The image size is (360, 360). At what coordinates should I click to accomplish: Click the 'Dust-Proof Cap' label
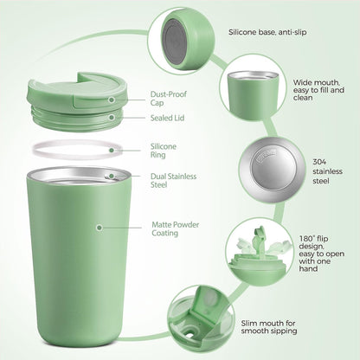click(x=169, y=99)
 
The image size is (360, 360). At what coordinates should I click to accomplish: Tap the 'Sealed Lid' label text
click(x=167, y=118)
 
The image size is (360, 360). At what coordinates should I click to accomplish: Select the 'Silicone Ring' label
click(x=164, y=151)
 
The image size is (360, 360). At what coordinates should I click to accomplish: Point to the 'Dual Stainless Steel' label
click(x=173, y=180)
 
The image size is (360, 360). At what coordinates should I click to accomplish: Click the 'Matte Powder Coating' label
click(x=176, y=228)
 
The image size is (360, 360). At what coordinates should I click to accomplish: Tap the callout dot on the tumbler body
click(x=100, y=228)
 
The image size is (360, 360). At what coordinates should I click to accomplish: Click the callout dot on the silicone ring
click(x=112, y=150)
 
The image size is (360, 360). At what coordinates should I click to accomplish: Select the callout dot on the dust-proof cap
click(x=112, y=100)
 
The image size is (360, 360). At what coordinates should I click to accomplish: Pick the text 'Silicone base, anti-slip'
click(x=267, y=32)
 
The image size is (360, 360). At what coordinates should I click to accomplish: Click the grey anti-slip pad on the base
click(x=174, y=42)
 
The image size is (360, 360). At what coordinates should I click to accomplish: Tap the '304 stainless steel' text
click(x=327, y=171)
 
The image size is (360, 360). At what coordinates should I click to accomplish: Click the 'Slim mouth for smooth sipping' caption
click(x=269, y=327)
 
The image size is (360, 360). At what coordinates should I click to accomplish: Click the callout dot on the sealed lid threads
click(x=112, y=118)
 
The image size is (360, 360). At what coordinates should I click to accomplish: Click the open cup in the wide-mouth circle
click(x=253, y=95)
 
